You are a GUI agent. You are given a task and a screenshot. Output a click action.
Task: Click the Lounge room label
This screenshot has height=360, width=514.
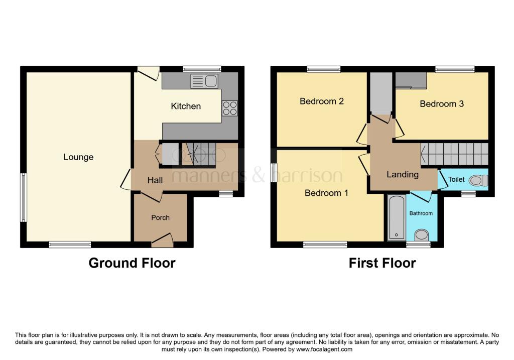pyautogui.click(x=78, y=157)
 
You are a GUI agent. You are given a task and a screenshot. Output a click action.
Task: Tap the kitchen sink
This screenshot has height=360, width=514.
pyautogui.click(x=204, y=81)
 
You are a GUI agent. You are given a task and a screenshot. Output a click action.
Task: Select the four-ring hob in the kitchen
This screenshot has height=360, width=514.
pyautogui.click(x=230, y=108)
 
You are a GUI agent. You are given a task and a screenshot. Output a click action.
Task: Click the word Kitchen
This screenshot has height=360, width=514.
pyautogui.click(x=186, y=106)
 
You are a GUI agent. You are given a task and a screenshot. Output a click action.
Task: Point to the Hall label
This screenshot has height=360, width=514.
pyautogui.click(x=155, y=180)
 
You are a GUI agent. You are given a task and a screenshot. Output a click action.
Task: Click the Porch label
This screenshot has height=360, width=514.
pyautogui.click(x=160, y=218)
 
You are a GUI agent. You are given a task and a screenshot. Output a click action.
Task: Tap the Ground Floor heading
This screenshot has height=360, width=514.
pyautogui.click(x=132, y=263)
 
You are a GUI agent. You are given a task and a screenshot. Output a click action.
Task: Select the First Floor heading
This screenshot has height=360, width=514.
pyautogui.click(x=382, y=263)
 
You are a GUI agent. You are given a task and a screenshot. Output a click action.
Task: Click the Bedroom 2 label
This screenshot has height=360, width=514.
pyautogui.click(x=322, y=101)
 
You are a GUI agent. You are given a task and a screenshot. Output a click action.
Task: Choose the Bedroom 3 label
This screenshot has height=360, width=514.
pyautogui.click(x=442, y=104)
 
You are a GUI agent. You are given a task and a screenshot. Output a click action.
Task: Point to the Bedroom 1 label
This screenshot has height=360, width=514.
pyautogui.click(x=326, y=193)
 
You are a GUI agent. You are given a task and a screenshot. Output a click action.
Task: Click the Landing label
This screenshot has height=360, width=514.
pyautogui.click(x=403, y=174)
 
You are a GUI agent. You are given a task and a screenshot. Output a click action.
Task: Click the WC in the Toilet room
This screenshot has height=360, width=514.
pyautogui.click(x=478, y=180)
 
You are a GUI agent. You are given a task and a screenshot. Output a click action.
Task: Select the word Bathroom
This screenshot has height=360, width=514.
pyautogui.click(x=421, y=213)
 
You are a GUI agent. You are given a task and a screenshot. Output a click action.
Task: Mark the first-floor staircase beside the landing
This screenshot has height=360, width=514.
pyautogui.click(x=455, y=154)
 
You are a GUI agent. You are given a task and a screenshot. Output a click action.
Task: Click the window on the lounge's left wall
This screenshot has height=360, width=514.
pyautogui.click(x=23, y=197)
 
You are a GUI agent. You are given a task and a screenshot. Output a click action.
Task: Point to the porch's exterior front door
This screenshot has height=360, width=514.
pyautogui.click(x=162, y=241)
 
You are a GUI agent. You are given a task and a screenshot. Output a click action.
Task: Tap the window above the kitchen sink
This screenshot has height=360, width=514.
pyautogui.click(x=202, y=69)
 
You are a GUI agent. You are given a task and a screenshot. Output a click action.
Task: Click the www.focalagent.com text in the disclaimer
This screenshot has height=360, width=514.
pyautogui.click(x=324, y=349)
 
